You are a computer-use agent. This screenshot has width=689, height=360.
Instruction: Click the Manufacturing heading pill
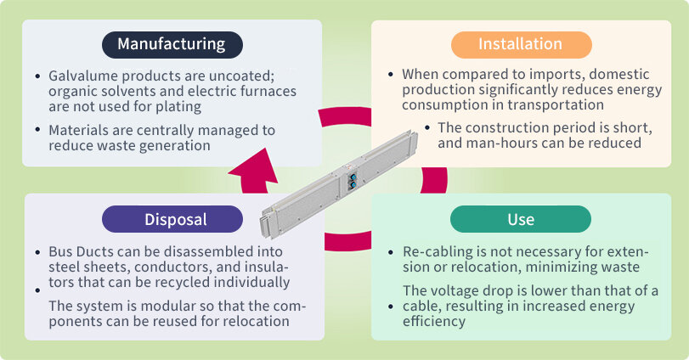click(x=172, y=44)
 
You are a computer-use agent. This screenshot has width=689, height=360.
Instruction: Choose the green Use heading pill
click(x=521, y=220)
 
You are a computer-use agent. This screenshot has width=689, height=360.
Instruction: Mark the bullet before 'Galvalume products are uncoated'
click(x=37, y=76)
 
